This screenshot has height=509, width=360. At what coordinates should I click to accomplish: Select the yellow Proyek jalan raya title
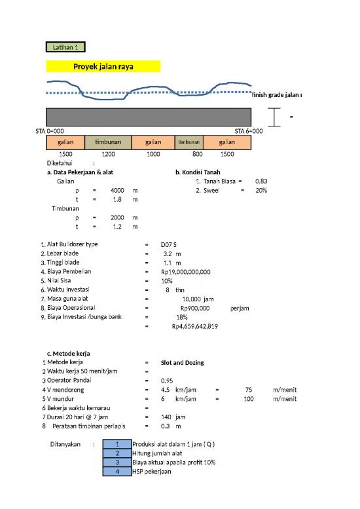[x=103, y=66]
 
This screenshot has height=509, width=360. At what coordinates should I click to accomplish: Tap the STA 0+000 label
[x=50, y=131]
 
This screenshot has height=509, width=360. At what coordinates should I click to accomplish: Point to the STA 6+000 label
[x=249, y=131]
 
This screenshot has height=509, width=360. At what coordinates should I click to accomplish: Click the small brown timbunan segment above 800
[x=189, y=142]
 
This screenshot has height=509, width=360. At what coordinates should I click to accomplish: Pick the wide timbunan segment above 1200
[x=109, y=142]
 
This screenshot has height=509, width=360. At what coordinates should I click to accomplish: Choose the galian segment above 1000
[x=153, y=142]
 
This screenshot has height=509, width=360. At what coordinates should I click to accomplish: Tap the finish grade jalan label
[x=275, y=95]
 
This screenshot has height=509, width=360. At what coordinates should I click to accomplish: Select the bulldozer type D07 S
[x=168, y=244]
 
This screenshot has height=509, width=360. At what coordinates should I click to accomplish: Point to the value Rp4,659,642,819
[x=194, y=326]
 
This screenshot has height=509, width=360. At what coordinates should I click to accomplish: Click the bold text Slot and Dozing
[x=182, y=362]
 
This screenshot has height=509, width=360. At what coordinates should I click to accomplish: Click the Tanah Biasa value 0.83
[x=261, y=181]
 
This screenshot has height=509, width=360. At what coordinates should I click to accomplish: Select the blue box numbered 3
[x=117, y=462]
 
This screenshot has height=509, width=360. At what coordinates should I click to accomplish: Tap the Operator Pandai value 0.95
[x=168, y=381]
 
